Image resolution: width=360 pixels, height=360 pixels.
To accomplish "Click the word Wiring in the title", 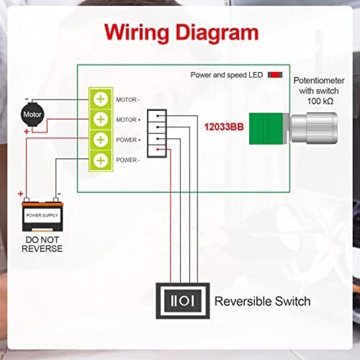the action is [137, 33].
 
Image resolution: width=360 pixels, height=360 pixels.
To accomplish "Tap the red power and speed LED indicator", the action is [275, 75].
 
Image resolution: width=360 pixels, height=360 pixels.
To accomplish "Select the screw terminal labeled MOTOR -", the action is [101, 99].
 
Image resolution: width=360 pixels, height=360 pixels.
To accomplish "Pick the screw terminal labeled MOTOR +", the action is [101, 120].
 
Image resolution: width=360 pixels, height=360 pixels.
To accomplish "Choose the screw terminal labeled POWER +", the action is [101, 140].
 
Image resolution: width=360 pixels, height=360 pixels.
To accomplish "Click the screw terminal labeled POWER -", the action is [101, 160].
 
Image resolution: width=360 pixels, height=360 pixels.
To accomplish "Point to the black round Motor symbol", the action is [32, 114].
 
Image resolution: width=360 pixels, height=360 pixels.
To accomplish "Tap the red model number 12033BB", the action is [224, 127].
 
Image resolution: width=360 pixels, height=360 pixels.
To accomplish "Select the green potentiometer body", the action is [266, 129].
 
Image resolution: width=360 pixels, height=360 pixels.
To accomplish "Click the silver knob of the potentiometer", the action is [314, 128].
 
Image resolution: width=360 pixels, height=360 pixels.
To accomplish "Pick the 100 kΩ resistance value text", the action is [320, 101].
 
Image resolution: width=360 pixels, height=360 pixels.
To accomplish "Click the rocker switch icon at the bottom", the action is [182, 301].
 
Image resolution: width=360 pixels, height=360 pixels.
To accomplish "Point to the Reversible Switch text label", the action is [263, 301].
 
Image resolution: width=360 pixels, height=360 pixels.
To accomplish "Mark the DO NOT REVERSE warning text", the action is [42, 244].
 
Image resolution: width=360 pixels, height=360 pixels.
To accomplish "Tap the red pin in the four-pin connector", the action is [158, 149].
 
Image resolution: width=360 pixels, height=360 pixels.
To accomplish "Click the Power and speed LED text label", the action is [227, 75].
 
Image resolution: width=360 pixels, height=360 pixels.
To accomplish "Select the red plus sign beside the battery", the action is [21, 194].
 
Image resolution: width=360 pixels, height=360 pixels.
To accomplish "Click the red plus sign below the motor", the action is [26, 132].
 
